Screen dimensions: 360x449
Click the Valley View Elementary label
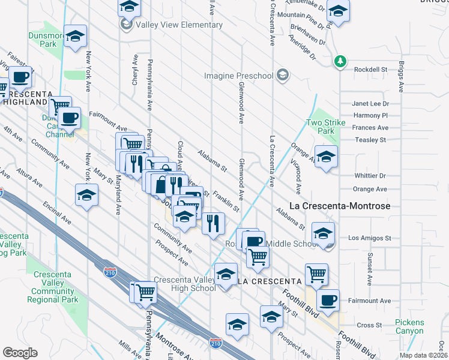pos(171,25)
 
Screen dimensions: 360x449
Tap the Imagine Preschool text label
pos(239,76)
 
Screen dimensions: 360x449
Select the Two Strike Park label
pos(320,127)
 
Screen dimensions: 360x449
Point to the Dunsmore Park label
pos(42,40)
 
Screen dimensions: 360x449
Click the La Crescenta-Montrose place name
pos(340,206)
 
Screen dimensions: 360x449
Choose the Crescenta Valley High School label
pos(184,284)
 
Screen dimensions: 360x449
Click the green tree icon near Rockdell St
pos(340,61)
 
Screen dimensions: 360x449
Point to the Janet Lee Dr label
pos(370,103)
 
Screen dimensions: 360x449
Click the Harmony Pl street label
pos(370,115)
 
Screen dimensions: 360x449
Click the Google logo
pos(20,353)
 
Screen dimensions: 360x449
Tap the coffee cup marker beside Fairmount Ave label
pos(328,301)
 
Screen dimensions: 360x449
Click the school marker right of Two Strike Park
pos(326,157)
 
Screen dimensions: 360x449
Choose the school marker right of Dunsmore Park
pos(76,37)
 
